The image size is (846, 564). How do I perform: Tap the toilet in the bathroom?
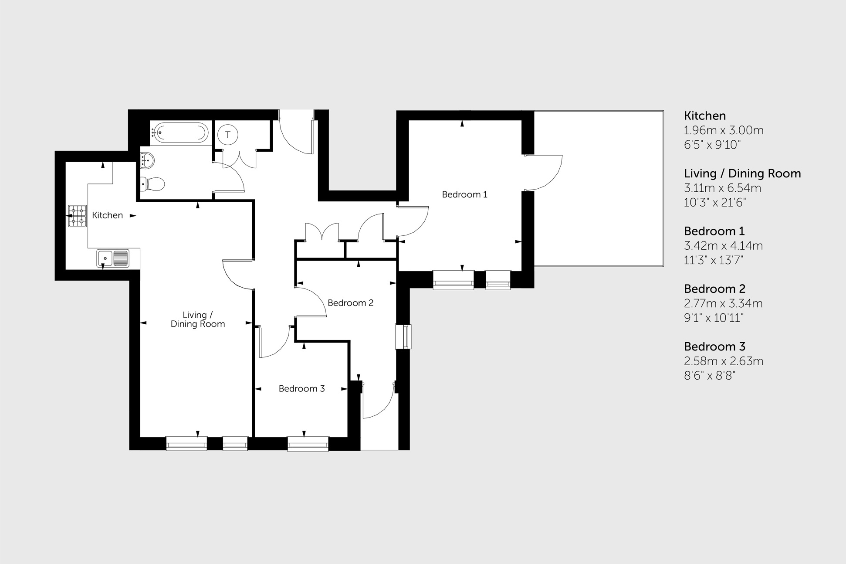pos(152,184)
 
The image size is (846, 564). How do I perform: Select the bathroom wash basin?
pos(147,160)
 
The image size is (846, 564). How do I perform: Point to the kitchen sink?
pos(113,258)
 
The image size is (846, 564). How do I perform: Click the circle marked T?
pos(227,135)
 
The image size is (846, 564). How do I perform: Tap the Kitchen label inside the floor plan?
pos(107,215)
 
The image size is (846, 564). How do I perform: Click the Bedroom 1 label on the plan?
pos(464,194)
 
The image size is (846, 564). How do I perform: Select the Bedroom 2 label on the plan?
pos(350,303)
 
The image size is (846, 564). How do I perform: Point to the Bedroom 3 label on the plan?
pos(301,389)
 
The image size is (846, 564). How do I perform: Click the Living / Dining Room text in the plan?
pos(197,319)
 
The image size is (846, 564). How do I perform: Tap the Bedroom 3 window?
pos(308,444)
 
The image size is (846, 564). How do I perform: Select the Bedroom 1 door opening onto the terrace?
pos(543,173)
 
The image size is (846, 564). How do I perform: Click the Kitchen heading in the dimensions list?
pos(704,116)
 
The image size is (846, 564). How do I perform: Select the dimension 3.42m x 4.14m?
pos(723,246)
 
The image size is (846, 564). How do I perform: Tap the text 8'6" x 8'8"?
pos(709,376)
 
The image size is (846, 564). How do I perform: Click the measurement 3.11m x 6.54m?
pos(722,188)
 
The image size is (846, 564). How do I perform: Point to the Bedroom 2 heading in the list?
pos(714,289)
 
